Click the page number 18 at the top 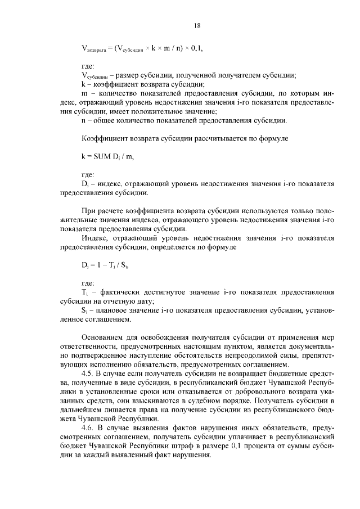(197, 25)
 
